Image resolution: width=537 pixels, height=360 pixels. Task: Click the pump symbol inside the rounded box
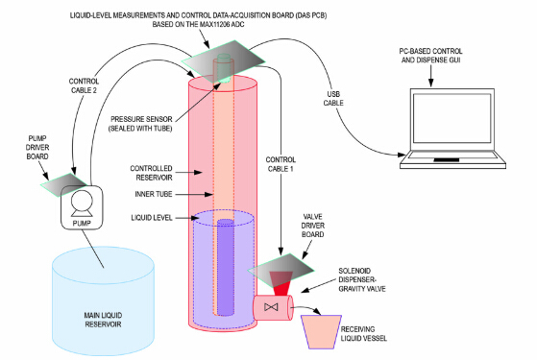click(82, 204)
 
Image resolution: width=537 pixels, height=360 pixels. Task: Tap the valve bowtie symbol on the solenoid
click(271, 307)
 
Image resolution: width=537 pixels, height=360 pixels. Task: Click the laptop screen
click(452, 118)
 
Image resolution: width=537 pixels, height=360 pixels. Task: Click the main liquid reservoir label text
click(103, 320)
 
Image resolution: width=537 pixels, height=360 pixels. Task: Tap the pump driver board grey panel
click(64, 184)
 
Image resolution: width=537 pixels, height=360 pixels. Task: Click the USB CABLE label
click(333, 99)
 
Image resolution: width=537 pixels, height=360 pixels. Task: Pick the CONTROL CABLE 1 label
click(281, 164)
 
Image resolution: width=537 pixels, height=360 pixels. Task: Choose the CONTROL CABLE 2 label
click(84, 85)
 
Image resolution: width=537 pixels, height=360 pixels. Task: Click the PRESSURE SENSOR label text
click(141, 124)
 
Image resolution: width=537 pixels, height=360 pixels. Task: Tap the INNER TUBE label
click(154, 194)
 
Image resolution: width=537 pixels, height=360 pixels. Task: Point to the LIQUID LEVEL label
click(152, 218)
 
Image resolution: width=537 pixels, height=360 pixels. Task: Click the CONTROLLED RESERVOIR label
click(152, 173)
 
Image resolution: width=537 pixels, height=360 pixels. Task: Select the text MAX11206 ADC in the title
click(222, 24)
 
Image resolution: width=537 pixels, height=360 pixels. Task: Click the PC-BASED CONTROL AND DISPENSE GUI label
click(430, 56)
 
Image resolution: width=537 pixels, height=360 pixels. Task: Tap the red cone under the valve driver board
click(281, 283)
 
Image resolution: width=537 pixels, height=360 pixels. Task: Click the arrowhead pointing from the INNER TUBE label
click(209, 194)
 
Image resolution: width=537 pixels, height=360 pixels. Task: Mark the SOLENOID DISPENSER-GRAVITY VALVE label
click(362, 280)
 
